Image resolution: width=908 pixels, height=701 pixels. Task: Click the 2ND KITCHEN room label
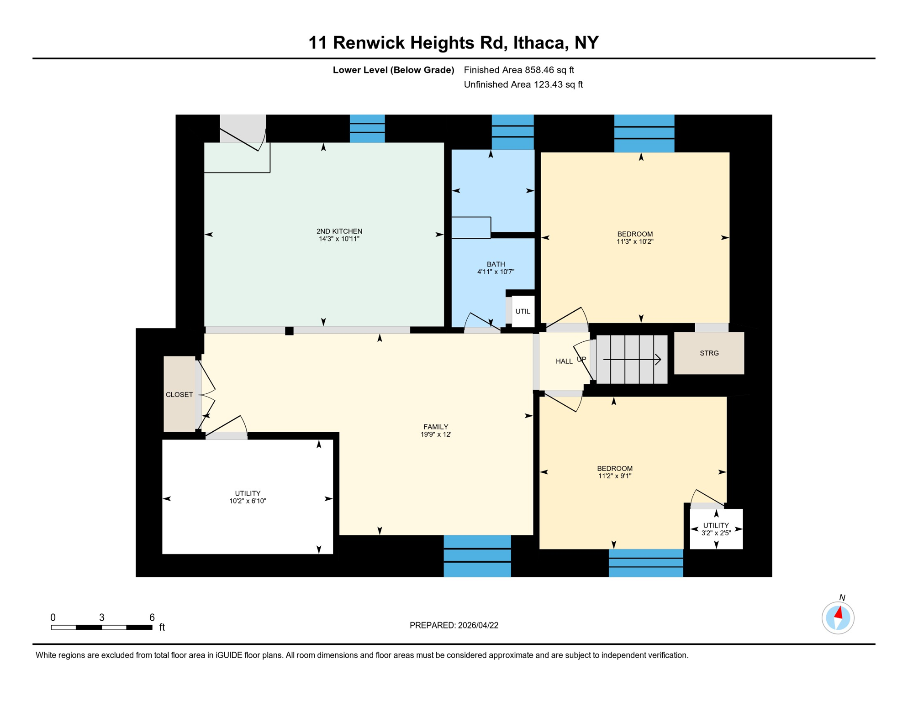click(x=339, y=231)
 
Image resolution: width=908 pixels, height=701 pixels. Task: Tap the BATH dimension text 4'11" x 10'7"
click(x=496, y=272)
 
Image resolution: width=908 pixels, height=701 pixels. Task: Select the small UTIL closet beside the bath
click(x=523, y=311)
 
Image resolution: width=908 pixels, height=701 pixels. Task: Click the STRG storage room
click(x=709, y=353)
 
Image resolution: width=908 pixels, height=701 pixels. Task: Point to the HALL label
click(x=564, y=361)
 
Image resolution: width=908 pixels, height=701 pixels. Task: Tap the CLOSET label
click(x=179, y=395)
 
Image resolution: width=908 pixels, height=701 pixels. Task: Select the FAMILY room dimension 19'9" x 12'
click(x=436, y=434)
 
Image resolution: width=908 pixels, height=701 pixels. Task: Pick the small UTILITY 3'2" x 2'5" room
click(x=716, y=529)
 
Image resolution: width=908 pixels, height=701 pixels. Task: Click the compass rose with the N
click(x=838, y=618)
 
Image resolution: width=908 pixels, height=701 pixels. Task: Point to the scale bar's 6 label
click(x=152, y=617)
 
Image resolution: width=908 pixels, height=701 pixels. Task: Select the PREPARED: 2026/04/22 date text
click(x=454, y=625)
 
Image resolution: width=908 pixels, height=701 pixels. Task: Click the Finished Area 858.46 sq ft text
click(x=519, y=70)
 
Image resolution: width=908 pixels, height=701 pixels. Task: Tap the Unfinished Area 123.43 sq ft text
click(x=523, y=84)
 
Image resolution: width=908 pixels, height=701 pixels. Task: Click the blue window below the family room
click(x=477, y=556)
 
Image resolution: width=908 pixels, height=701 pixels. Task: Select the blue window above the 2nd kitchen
click(x=367, y=128)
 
